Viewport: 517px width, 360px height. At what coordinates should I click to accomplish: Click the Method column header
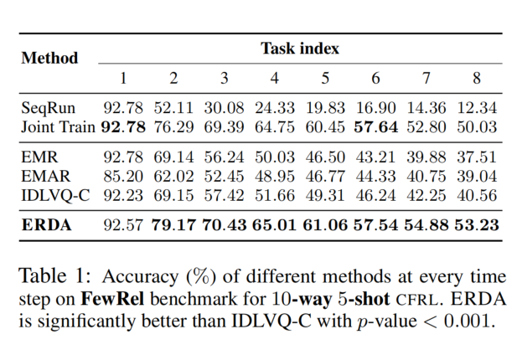[49, 58]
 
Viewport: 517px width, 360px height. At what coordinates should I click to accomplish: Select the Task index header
[299, 48]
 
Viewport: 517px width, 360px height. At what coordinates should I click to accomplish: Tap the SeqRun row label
[48, 108]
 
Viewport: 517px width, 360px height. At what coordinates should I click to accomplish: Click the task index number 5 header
[325, 79]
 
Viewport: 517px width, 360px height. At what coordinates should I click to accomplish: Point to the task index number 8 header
[476, 79]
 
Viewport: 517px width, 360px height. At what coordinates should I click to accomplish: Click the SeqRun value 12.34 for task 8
[476, 108]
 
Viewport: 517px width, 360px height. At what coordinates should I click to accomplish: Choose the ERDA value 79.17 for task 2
[173, 224]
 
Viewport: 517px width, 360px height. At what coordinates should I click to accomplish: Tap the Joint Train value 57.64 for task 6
[375, 126]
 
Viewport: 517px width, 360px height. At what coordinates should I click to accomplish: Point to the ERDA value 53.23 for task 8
[476, 224]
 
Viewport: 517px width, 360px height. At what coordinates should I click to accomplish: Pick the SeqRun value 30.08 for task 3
[224, 108]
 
